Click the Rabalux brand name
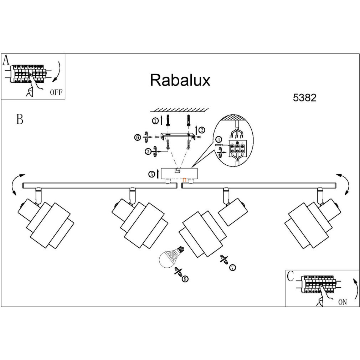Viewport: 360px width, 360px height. tap(180, 80)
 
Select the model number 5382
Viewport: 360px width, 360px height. tap(304, 98)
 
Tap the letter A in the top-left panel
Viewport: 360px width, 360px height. tap(6, 60)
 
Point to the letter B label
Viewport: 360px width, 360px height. tap(20, 119)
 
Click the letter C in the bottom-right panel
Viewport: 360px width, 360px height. tap(290, 276)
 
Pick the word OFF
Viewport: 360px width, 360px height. tap(56, 93)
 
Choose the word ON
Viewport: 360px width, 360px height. tap(342, 302)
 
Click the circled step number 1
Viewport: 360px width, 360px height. tap(155, 121)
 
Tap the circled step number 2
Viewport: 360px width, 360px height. tap(202, 130)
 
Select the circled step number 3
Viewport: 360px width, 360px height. tap(148, 151)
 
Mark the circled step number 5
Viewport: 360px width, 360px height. tap(152, 174)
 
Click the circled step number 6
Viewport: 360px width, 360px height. tap(138, 137)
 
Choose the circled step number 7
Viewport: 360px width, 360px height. tap(232, 267)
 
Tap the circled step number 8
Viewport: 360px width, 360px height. tap(185, 279)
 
